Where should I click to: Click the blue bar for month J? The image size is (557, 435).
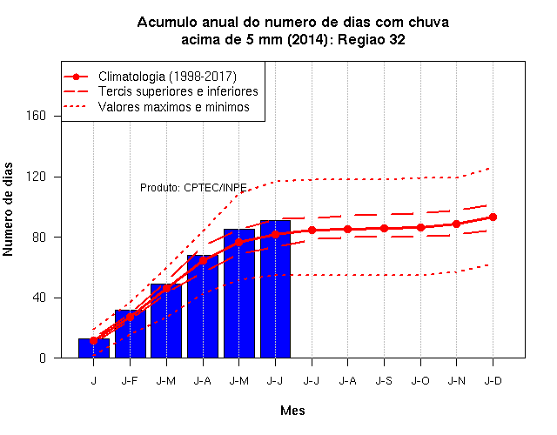coord(94,348)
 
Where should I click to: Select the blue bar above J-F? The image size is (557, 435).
coord(131,334)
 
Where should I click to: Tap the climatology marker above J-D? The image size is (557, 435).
coord(493,217)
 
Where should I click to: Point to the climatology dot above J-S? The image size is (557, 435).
coord(384,228)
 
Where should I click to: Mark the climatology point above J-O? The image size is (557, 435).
coord(420,227)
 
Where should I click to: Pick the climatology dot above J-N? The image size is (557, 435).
coord(456,224)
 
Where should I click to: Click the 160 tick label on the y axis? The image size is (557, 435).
coord(36,116)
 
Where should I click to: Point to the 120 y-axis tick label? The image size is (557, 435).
coord(36,177)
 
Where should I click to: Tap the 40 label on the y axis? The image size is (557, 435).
coord(39,298)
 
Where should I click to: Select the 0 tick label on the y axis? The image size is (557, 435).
coord(43,358)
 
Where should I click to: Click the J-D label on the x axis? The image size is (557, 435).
coord(493,381)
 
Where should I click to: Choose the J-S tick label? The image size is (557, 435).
coord(384,381)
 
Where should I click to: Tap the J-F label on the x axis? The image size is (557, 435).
coord(130,381)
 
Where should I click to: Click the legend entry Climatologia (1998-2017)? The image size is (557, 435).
coord(167,77)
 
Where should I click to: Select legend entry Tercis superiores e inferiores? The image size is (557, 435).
coord(178,91)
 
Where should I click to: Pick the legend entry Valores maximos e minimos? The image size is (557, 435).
coord(174,107)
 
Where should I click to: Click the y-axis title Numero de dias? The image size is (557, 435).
coord(8,209)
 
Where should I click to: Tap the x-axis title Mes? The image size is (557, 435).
coord(292,411)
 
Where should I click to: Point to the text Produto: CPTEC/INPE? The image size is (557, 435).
coord(193,188)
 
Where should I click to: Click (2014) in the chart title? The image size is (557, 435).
coord(307,39)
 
